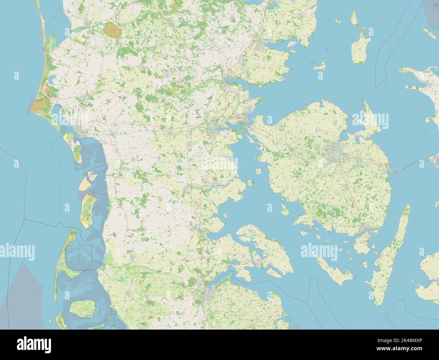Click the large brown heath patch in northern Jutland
[112, 30]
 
